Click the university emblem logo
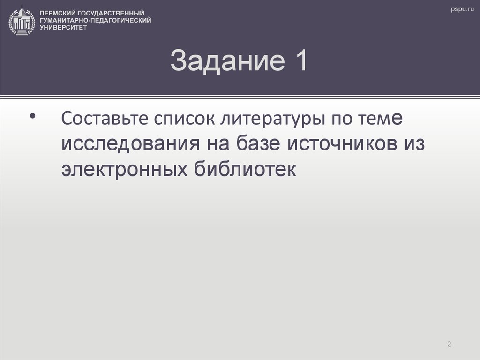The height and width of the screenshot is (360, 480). pyautogui.click(x=22, y=19)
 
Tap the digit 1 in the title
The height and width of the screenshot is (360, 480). pyautogui.click(x=300, y=61)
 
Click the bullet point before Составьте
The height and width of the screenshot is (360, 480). pyautogui.click(x=32, y=116)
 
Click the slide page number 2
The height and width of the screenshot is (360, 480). pyautogui.click(x=449, y=345)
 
